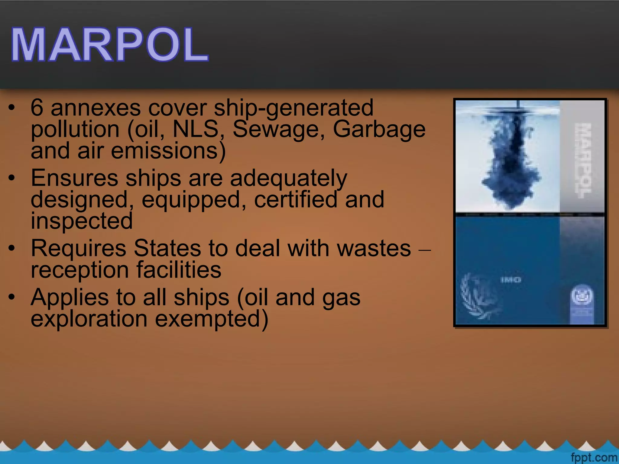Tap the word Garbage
[379, 130]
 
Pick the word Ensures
[74, 178]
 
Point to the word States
[167, 248]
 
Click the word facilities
[179, 270]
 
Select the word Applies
[70, 298]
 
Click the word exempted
[212, 319]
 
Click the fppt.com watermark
[594, 457]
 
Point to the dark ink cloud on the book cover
[511, 163]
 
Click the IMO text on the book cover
[511, 280]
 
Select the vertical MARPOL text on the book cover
[582, 160]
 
